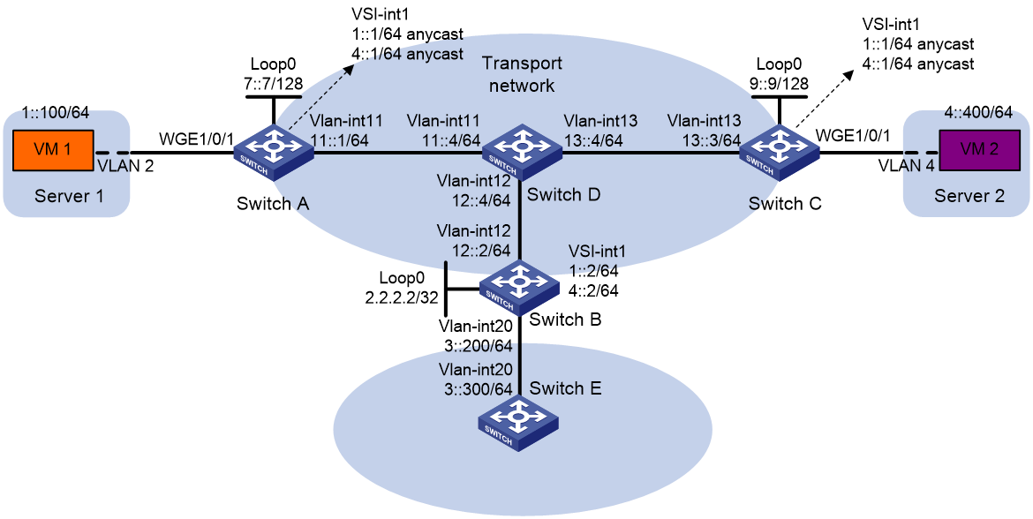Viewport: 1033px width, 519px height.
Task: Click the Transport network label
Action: [x=523, y=74]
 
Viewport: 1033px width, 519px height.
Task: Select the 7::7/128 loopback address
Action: [x=274, y=85]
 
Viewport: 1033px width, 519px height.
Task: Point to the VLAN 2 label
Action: [x=125, y=168]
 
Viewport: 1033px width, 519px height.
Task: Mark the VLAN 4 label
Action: [x=907, y=168]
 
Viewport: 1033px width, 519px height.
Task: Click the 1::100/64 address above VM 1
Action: [x=55, y=113]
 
